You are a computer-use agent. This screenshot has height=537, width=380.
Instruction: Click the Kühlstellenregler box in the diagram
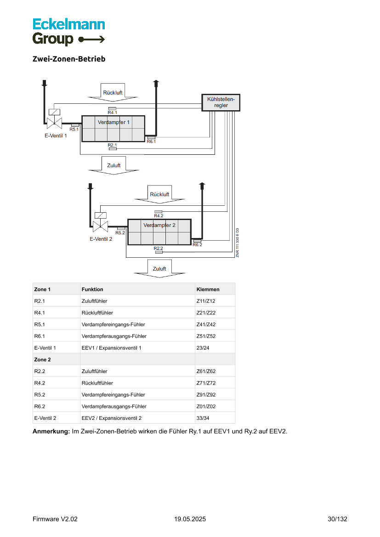221,102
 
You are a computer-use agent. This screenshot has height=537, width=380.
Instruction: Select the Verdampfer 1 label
113,122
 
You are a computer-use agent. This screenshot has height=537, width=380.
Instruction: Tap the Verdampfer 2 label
159,225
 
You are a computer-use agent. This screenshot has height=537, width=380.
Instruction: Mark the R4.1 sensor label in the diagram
113,113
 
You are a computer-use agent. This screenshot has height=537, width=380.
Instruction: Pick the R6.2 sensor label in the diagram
197,245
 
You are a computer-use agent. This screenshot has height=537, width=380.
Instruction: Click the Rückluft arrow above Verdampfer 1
113,92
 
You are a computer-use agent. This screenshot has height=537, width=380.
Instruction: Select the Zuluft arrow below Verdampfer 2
159,269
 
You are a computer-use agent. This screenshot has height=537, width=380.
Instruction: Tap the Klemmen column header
208,289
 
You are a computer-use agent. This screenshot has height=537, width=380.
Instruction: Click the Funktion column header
92,289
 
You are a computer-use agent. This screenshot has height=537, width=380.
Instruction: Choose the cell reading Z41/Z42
206,324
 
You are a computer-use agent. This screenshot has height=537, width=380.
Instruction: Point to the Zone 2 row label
42,359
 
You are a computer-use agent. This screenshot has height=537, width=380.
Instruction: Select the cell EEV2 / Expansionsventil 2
112,418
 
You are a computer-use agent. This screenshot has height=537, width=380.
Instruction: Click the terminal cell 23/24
203,348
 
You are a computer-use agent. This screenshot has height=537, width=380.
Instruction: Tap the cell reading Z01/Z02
206,406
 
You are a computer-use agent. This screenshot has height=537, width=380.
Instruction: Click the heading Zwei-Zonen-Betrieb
69,59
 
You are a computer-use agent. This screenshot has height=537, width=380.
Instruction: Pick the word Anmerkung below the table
51,431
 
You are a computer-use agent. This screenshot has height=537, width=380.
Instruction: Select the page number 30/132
337,519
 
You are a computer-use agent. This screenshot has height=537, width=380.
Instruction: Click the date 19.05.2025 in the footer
190,519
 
